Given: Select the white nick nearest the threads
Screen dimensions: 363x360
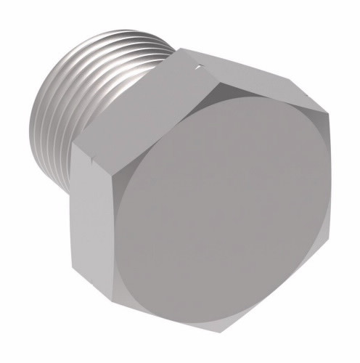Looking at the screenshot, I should point(194,69).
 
